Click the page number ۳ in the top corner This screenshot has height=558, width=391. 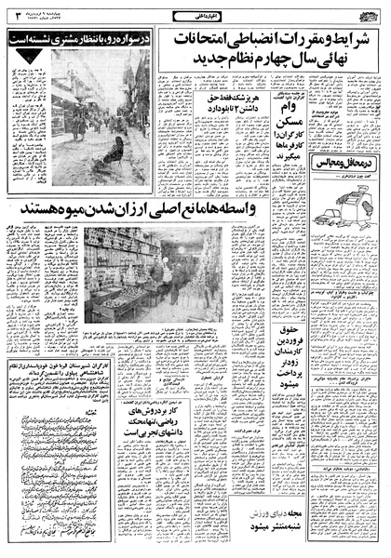tap(12, 13)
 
